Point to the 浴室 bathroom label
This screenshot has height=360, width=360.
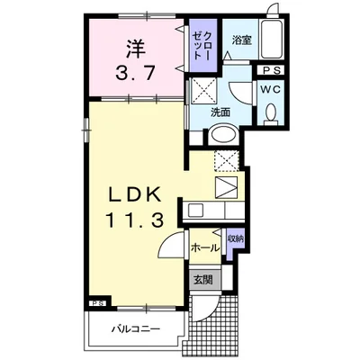241,39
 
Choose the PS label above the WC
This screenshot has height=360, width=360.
272,70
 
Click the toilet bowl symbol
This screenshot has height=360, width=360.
273,114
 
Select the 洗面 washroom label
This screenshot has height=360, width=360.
221,113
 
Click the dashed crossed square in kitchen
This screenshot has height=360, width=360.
225,162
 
